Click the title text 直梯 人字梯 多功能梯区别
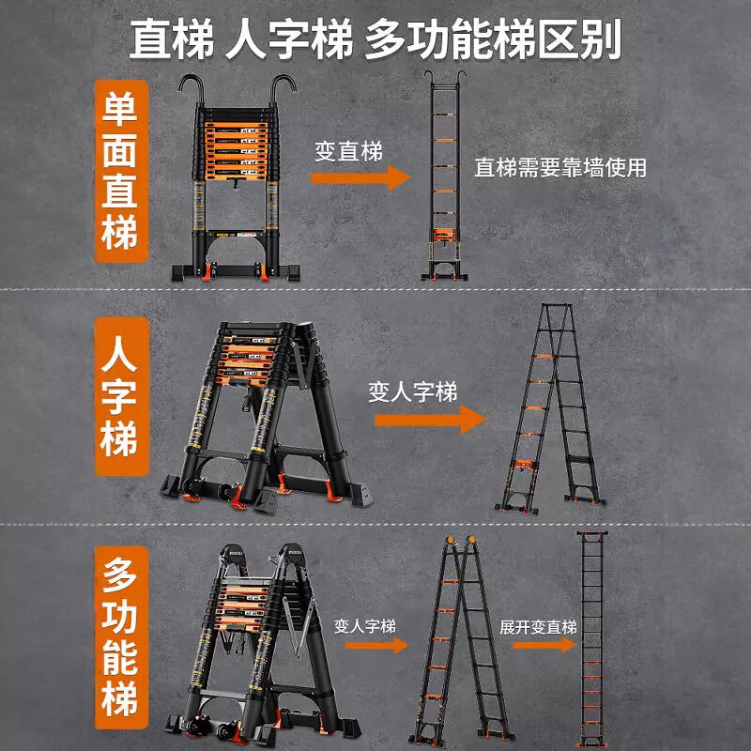tap(375, 39)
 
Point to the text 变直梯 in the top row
tap(349, 151)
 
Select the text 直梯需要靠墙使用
tap(560, 168)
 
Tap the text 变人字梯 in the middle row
tap(413, 391)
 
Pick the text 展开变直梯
tap(538, 626)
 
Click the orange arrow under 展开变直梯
tap(544, 645)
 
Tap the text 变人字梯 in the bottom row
tap(364, 626)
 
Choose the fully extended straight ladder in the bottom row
tap(591, 638)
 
